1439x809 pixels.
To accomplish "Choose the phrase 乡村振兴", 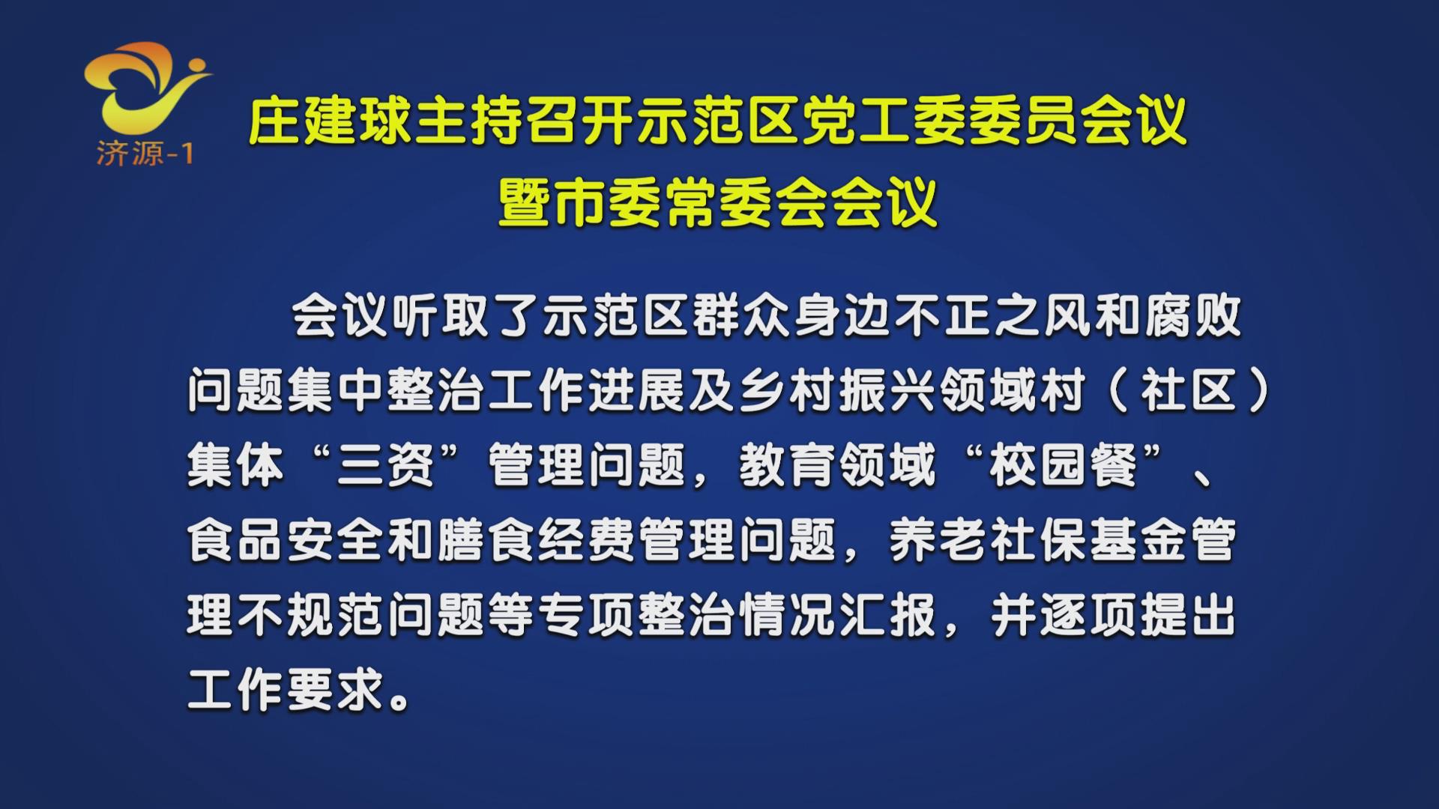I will pos(837,391).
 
